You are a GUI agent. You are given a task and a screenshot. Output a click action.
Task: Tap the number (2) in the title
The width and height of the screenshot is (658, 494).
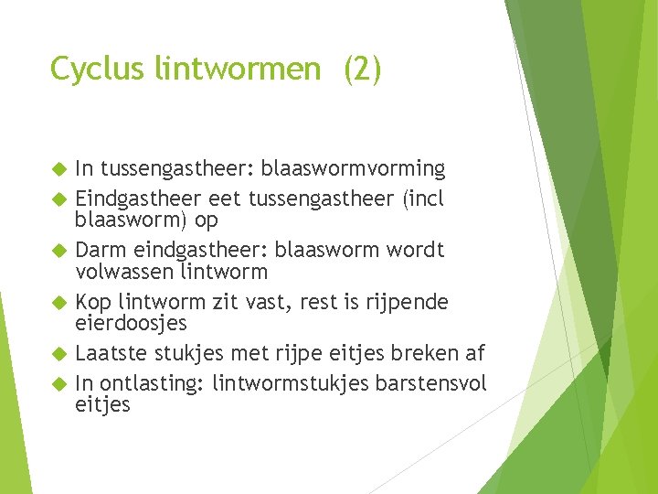tap(362, 70)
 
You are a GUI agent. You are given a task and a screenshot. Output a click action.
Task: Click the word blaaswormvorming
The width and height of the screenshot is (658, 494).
tap(353, 169)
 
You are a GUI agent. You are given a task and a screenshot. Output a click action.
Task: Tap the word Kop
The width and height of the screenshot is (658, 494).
tap(93, 301)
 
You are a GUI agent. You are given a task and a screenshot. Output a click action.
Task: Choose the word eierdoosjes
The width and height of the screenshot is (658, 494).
tap(131, 323)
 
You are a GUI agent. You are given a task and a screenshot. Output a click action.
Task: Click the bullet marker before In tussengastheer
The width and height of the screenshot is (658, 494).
tap(59, 169)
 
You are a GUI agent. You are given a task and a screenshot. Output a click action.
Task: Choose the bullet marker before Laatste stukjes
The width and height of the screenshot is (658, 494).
tap(59, 353)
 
